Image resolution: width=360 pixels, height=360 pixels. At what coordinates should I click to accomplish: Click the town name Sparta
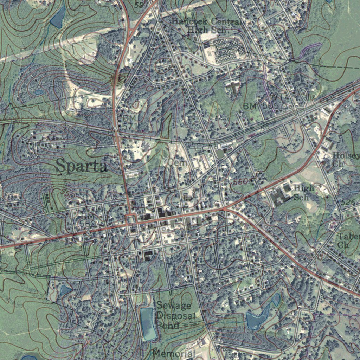click(82, 166)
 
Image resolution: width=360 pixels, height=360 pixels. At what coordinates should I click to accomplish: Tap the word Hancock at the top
click(185, 21)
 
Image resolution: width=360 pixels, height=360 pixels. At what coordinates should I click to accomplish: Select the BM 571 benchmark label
click(129, 121)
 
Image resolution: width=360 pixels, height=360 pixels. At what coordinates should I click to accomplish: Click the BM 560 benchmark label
click(87, 220)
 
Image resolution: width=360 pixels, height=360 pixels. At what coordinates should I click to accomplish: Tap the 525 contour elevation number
click(348, 202)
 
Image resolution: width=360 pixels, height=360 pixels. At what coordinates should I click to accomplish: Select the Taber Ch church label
click(348, 240)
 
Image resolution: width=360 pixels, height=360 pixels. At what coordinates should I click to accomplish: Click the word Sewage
click(174, 305)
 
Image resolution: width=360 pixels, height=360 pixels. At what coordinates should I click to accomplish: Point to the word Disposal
click(174, 315)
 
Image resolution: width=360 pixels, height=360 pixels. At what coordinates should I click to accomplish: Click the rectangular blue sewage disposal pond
click(148, 323)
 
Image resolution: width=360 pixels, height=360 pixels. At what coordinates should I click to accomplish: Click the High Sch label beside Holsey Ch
click(303, 192)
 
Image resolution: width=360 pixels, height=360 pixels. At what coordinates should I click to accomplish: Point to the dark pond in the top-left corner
click(58, 18)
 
